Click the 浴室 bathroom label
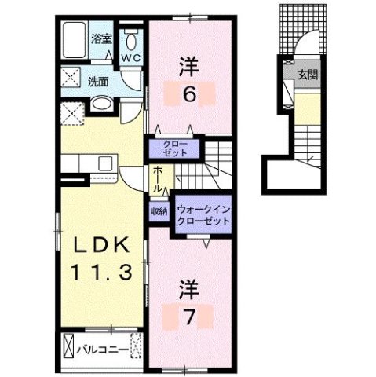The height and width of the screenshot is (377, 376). pos(101,38)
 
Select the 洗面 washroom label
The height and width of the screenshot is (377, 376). pos(97,81)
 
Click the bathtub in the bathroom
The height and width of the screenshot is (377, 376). pos(75,38)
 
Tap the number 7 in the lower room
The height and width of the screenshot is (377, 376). pos(192,317)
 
